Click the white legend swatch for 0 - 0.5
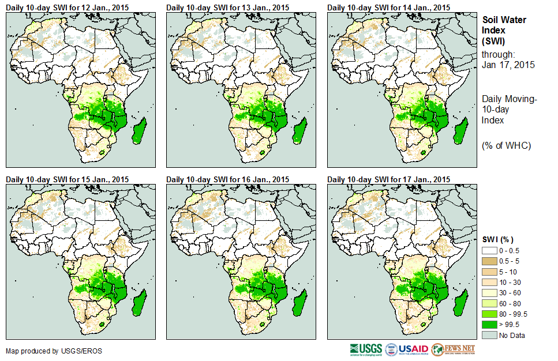[x=489, y=250]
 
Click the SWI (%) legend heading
[x=498, y=239]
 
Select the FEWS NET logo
[x=453, y=349]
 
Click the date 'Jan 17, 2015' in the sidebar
[x=508, y=65]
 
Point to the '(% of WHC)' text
[x=506, y=145]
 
